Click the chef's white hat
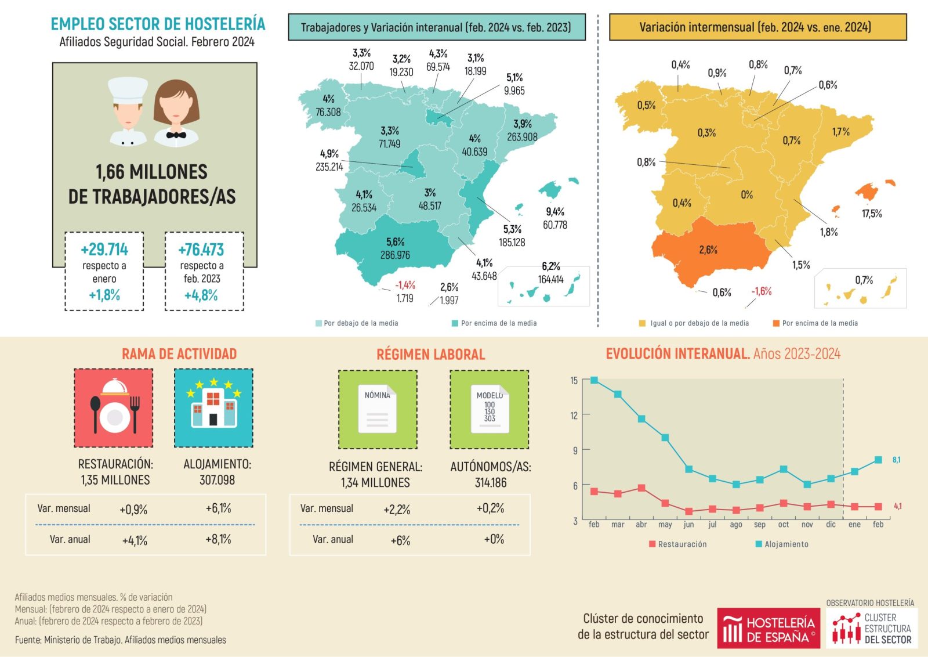click(x=128, y=90)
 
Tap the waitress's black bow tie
click(x=176, y=135)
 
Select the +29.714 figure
click(x=104, y=250)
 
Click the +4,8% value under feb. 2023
click(x=201, y=295)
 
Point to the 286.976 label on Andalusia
click(x=395, y=255)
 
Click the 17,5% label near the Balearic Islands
click(x=871, y=214)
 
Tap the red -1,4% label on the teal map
click(x=405, y=285)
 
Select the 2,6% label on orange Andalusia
click(x=708, y=250)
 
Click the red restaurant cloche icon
click(x=114, y=408)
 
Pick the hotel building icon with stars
click(x=213, y=408)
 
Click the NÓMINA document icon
click(x=378, y=409)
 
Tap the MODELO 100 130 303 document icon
click(x=490, y=409)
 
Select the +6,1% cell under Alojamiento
click(x=218, y=508)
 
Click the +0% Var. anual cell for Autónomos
click(x=494, y=539)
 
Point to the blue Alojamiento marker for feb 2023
click(x=594, y=380)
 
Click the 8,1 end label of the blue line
click(x=896, y=460)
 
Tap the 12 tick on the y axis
click(x=574, y=415)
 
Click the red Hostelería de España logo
click(x=768, y=628)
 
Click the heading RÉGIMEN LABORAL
click(x=430, y=354)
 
